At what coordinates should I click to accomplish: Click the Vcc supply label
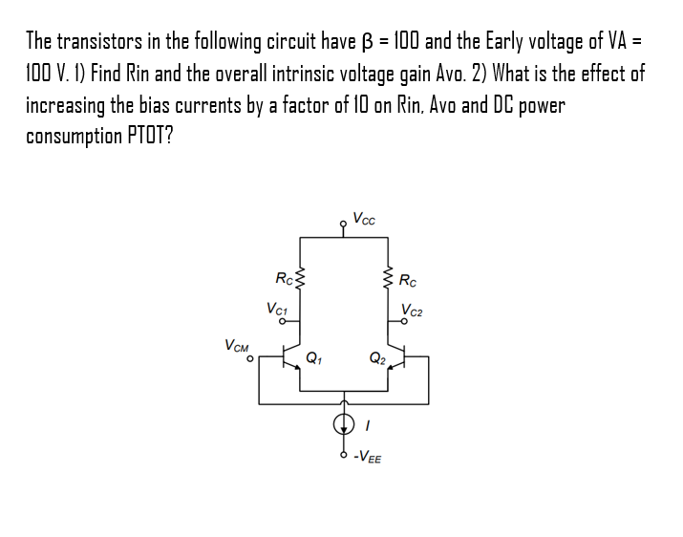[x=364, y=218]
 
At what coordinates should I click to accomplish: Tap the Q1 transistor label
[x=312, y=360]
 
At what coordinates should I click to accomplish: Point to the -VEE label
[x=368, y=459]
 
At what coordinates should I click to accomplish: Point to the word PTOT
[x=148, y=135]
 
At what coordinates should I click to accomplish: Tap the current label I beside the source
[x=368, y=424]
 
